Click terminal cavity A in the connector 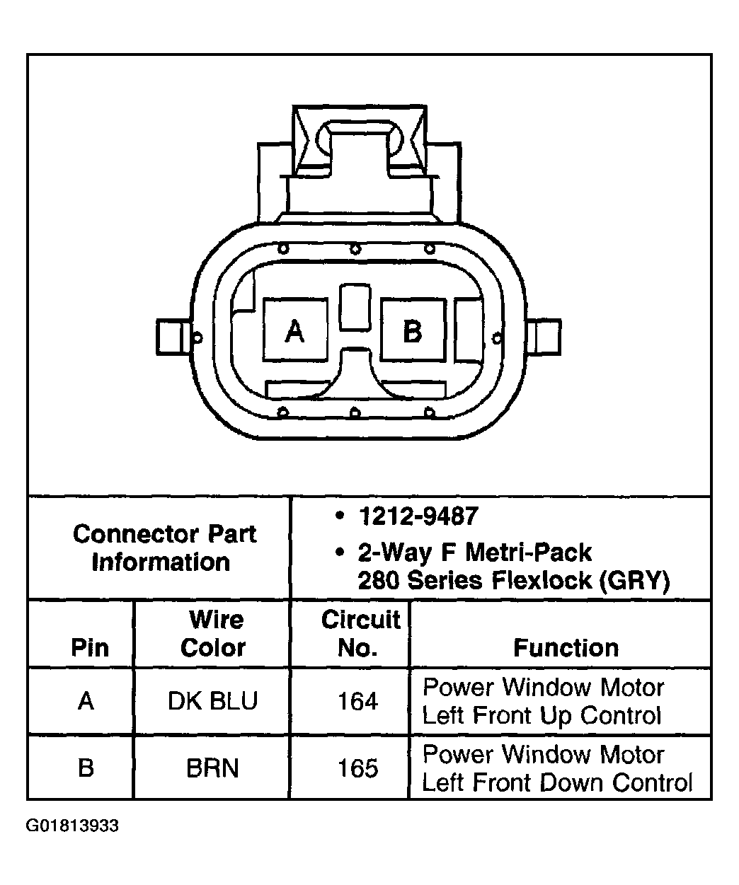click(294, 330)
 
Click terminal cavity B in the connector click(413, 330)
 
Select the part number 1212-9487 click(418, 516)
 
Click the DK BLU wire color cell click(212, 701)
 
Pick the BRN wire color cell click(212, 768)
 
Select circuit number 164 click(357, 701)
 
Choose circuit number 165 click(357, 768)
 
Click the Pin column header click(90, 647)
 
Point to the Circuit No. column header click(360, 633)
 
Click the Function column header click(566, 647)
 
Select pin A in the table click(86, 701)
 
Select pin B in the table click(86, 768)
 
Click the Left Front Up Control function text click(542, 715)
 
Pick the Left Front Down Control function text click(557, 782)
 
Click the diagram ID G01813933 click(72, 826)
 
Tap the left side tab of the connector click(171, 337)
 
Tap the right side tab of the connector click(546, 337)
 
